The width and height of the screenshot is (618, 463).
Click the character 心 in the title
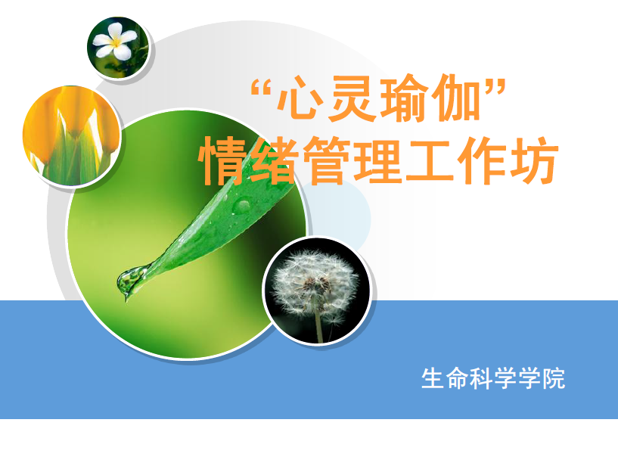point(300,98)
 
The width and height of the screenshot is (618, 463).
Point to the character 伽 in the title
point(455,98)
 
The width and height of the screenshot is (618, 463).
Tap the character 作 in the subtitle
point(482,161)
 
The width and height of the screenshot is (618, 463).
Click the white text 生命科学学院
point(493,378)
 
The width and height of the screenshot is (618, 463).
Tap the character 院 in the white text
point(554,378)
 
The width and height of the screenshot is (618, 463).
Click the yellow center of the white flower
point(116,42)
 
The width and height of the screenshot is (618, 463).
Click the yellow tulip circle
point(71,136)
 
